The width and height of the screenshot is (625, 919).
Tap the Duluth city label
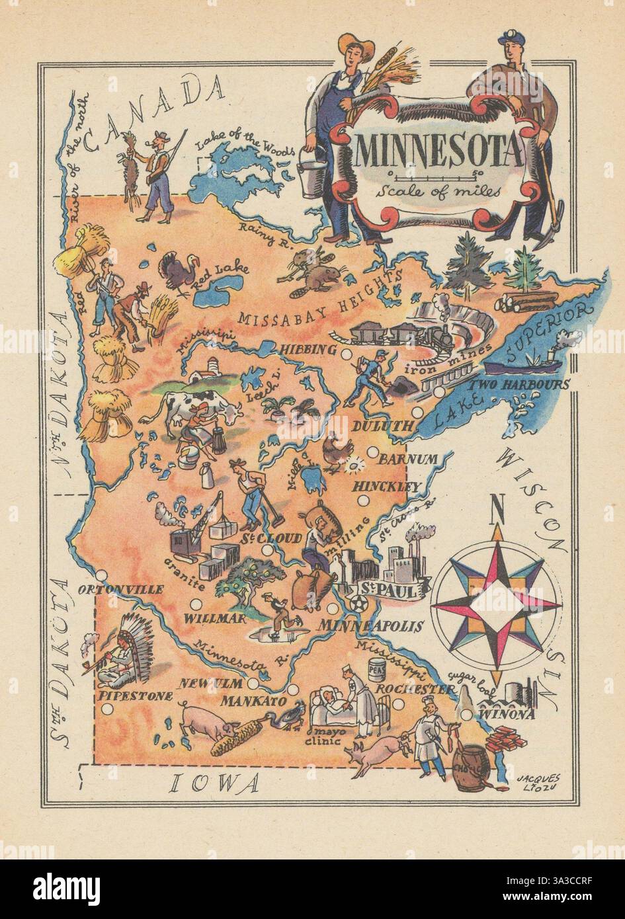pos(382,426)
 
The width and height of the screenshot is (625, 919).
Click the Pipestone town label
pos(135,695)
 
